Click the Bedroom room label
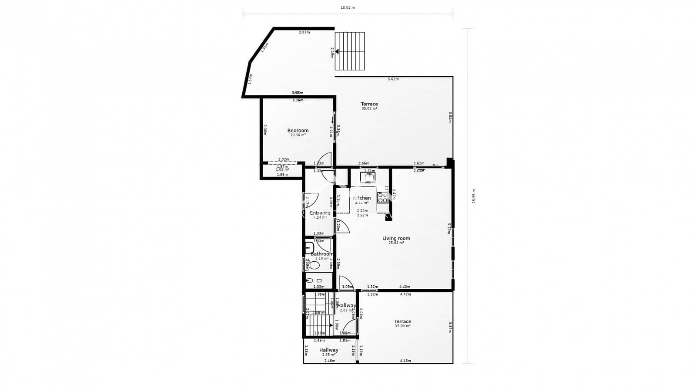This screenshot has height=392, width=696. tap(298, 130)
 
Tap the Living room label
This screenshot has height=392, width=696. tap(396, 238)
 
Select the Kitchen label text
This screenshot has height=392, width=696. tap(362, 198)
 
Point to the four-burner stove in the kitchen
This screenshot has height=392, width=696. tap(383, 198)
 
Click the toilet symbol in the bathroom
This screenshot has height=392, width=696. tap(313, 265)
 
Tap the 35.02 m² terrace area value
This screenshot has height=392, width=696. tap(369, 108)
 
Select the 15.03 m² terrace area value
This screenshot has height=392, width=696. tap(402, 326)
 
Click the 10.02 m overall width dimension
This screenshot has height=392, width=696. tap(347, 7)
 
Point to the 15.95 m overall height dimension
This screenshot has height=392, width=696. tap(474, 196)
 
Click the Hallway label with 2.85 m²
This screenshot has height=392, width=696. tap(328, 350)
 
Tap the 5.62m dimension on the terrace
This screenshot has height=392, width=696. tap(393, 79)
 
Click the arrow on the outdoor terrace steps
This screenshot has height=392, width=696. tap(337, 51)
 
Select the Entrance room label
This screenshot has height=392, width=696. tap(320, 213)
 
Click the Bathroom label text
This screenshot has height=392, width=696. tap(322, 254)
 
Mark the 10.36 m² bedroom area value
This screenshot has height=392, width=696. tap(298, 135)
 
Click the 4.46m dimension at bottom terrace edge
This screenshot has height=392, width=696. tap(405, 361)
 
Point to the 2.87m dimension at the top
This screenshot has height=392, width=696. tap(304, 32)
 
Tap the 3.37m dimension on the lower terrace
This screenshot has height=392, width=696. tap(449, 327)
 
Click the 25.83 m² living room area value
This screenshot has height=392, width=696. tap(396, 243)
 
